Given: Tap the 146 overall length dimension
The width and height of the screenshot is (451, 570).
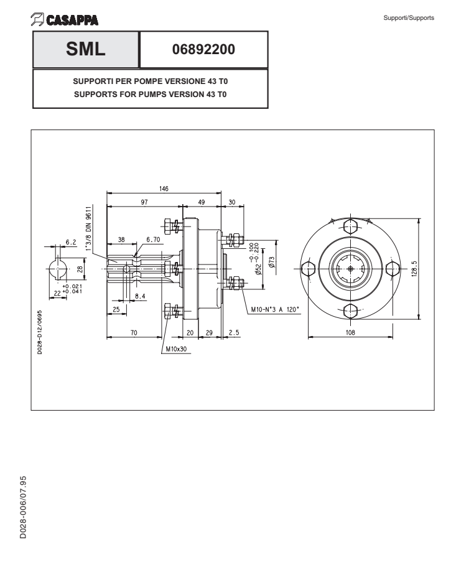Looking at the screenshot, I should tap(164, 188).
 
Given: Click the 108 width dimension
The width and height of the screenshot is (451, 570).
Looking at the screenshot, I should tap(351, 333).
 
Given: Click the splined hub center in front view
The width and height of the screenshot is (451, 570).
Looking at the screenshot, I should tap(351, 268).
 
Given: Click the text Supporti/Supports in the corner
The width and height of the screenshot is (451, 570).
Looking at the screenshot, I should tap(414, 17).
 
